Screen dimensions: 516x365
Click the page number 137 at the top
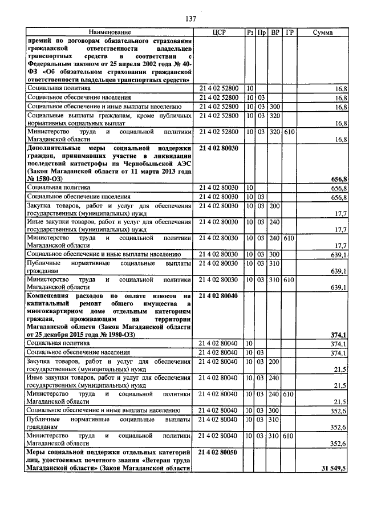pyautogui.click(x=190, y=19)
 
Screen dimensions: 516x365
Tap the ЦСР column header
pyautogui.click(x=219, y=33)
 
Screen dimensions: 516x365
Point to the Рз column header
pyautogui.click(x=250, y=33)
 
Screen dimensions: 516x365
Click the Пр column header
pyautogui.click(x=262, y=33)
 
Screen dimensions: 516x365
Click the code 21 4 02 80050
pyautogui.click(x=219, y=452)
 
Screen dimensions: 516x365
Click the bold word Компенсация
pyautogui.click(x=51, y=296)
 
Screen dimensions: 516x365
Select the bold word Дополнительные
pyautogui.click(x=55, y=147)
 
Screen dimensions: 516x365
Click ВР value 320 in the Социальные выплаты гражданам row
pyautogui.click(x=275, y=116)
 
